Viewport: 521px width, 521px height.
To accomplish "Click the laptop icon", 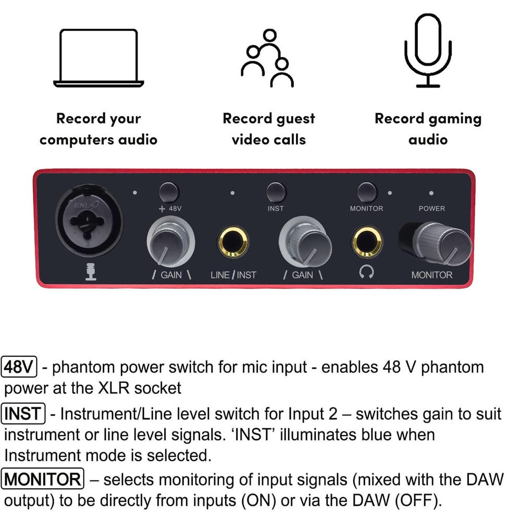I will click(98, 57).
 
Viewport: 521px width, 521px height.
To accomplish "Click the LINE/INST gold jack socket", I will click(233, 242).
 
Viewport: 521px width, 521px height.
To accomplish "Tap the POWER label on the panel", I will click(432, 208).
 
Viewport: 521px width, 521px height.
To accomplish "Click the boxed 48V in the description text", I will click(19, 367).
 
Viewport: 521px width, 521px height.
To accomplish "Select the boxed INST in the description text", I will click(24, 414).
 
